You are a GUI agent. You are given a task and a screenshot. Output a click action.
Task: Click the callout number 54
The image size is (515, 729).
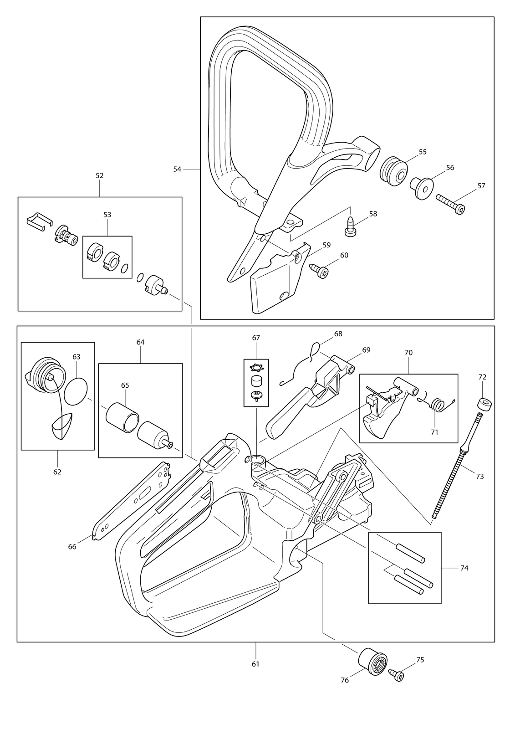click(177, 169)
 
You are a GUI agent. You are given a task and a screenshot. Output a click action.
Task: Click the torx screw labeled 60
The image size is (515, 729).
click(318, 269)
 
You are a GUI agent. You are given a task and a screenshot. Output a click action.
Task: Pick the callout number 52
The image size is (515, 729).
click(100, 175)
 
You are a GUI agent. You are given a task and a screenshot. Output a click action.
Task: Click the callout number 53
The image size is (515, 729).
click(107, 215)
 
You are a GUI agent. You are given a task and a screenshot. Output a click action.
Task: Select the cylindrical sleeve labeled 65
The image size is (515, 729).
click(122, 417)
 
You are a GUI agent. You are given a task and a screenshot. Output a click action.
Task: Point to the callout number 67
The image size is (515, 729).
click(256, 338)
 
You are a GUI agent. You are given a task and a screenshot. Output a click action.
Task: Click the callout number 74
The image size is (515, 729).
click(464, 568)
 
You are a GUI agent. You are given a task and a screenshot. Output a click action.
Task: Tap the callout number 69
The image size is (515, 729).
click(366, 350)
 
